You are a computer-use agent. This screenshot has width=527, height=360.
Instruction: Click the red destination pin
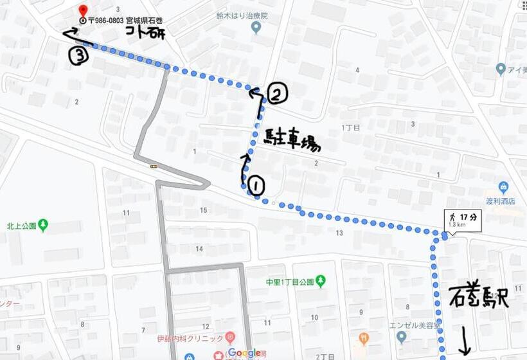[x=82, y=11]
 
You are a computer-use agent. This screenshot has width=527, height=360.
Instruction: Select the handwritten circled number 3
[x=78, y=57]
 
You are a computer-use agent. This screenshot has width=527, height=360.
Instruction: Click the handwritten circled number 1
[x=256, y=186]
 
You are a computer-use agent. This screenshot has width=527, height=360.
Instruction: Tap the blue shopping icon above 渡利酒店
[x=503, y=188]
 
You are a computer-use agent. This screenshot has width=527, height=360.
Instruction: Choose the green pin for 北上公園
[x=43, y=225]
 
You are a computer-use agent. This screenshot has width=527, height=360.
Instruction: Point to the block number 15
[x=204, y=210]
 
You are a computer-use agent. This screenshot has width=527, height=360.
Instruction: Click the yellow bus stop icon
[x=154, y=166]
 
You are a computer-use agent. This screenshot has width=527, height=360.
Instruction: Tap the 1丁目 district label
[x=350, y=127]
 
